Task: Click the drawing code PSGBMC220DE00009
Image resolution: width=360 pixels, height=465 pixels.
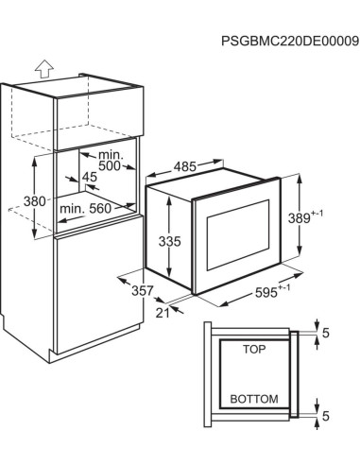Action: pyautogui.click(x=290, y=42)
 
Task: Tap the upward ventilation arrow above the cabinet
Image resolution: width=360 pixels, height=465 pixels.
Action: pyautogui.click(x=44, y=68)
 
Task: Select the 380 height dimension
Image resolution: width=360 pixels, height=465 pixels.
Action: pyautogui.click(x=35, y=201)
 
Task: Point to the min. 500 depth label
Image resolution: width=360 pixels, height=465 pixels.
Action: pyautogui.click(x=110, y=160)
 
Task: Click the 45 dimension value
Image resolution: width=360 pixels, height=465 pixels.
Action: pyautogui.click(x=90, y=177)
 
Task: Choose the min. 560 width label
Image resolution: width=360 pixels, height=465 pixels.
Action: pyautogui.click(x=85, y=208)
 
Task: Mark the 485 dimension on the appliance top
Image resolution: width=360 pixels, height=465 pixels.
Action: pyautogui.click(x=185, y=166)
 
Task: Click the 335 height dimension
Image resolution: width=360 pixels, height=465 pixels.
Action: pyautogui.click(x=170, y=241)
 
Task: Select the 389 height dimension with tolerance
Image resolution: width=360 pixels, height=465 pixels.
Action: pyautogui.click(x=305, y=216)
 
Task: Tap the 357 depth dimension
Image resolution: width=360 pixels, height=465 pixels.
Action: pyautogui.click(x=143, y=290)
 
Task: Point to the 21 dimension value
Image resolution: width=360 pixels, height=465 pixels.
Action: pyautogui.click(x=163, y=313)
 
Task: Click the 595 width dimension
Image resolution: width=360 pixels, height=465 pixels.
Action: pyautogui.click(x=272, y=291)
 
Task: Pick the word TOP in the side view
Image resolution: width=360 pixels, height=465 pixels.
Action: pyautogui.click(x=254, y=349)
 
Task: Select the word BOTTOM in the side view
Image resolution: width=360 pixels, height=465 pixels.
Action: pyautogui.click(x=254, y=399)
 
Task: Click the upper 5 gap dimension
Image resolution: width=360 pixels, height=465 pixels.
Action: pyautogui.click(x=326, y=333)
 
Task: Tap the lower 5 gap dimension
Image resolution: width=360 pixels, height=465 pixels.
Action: pyautogui.click(x=326, y=416)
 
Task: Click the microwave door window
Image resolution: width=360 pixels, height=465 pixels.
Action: pyautogui.click(x=238, y=234)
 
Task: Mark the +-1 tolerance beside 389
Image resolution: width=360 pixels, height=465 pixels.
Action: pyautogui.click(x=317, y=214)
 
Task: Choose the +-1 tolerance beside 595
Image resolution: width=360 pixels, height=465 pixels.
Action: pyautogui.click(x=284, y=287)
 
